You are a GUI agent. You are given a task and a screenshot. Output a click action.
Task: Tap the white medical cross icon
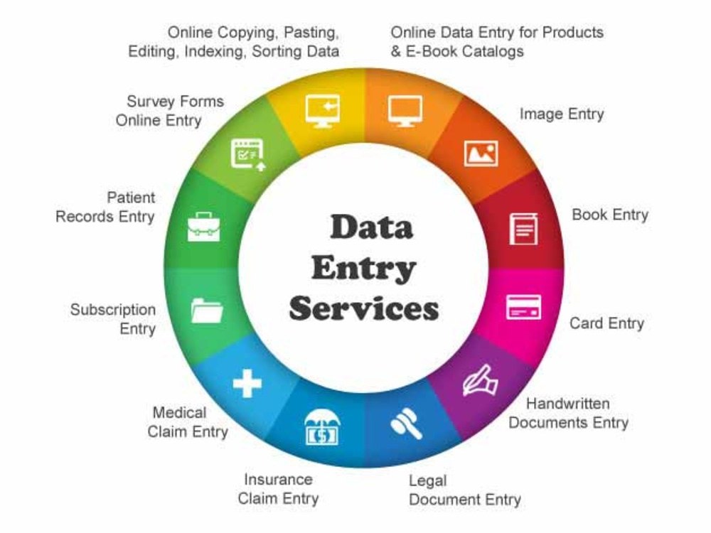pyautogui.click(x=247, y=384)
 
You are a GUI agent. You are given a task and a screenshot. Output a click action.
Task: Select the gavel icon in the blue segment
pyautogui.click(x=407, y=424)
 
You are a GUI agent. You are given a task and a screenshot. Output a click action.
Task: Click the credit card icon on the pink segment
pyautogui.click(x=523, y=307)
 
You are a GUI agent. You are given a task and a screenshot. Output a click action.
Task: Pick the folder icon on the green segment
pyautogui.click(x=207, y=311)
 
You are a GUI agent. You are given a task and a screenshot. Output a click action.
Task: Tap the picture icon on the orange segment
pyautogui.click(x=481, y=154)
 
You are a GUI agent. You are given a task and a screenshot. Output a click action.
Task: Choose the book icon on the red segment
pyautogui.click(x=524, y=228)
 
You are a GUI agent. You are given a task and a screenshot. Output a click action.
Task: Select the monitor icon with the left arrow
pyautogui.click(x=322, y=111)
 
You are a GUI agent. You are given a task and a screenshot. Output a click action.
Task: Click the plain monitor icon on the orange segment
pyautogui.click(x=405, y=111)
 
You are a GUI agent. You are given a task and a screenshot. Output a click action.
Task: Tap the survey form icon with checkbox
pyautogui.click(x=248, y=155)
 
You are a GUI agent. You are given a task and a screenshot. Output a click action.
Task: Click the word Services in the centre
pyautogui.click(x=364, y=308)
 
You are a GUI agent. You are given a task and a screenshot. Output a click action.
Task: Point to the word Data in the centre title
pyautogui.click(x=372, y=227)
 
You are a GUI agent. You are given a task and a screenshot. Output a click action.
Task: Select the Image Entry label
pyautogui.click(x=562, y=114)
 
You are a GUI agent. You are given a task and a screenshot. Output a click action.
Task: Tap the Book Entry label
pyautogui.click(x=610, y=215)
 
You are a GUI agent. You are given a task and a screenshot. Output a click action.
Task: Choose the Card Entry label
pyautogui.click(x=606, y=323)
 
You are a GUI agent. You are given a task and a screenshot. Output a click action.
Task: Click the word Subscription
pyautogui.click(x=113, y=310)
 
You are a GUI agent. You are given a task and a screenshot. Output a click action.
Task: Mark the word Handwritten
pyautogui.click(x=567, y=404)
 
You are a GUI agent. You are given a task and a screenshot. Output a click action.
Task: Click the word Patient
pyautogui.click(x=131, y=198)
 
